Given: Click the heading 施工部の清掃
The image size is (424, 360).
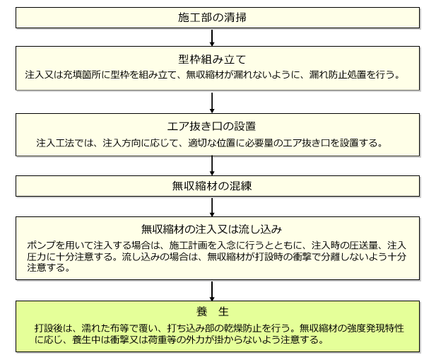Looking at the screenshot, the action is click(212, 18).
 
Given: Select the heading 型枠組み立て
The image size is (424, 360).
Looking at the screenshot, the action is click(212, 59).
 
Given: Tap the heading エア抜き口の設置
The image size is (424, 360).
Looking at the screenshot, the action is click(212, 127).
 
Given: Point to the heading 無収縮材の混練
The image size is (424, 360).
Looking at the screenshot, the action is click(212, 186).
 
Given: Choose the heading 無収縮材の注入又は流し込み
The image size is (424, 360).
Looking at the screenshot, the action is click(212, 229).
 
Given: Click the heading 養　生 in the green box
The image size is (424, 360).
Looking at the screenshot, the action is click(213, 311).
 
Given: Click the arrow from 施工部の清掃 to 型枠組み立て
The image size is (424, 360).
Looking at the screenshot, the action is click(212, 37).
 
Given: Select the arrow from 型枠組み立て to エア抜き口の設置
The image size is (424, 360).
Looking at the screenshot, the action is click(212, 103).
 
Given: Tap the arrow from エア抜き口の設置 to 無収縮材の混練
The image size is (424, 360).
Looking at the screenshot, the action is click(212, 166).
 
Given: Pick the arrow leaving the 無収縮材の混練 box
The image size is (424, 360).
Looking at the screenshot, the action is click(212, 207).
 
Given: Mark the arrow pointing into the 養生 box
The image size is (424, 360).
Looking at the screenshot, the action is click(212, 291).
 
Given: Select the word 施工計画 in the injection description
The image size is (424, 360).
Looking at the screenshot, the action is click(189, 245).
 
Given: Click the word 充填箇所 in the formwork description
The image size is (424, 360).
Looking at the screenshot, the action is click(82, 75).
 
